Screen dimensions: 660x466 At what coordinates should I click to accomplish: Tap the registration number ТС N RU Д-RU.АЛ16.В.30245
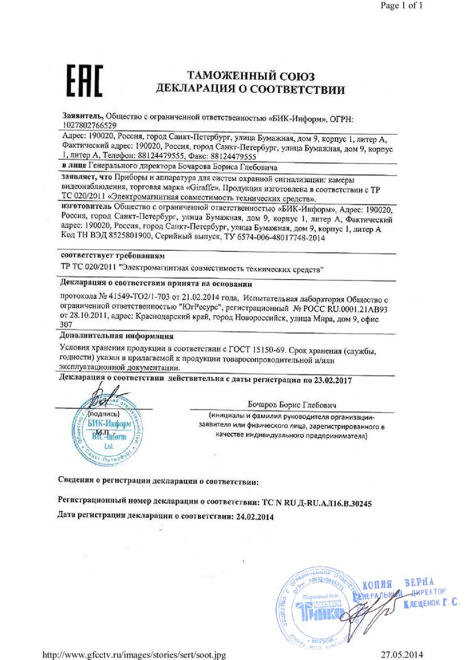click(x=317, y=502)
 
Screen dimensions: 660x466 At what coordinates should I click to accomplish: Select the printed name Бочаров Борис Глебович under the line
click(x=292, y=406)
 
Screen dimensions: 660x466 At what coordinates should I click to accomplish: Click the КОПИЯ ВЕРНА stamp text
click(x=397, y=584)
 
